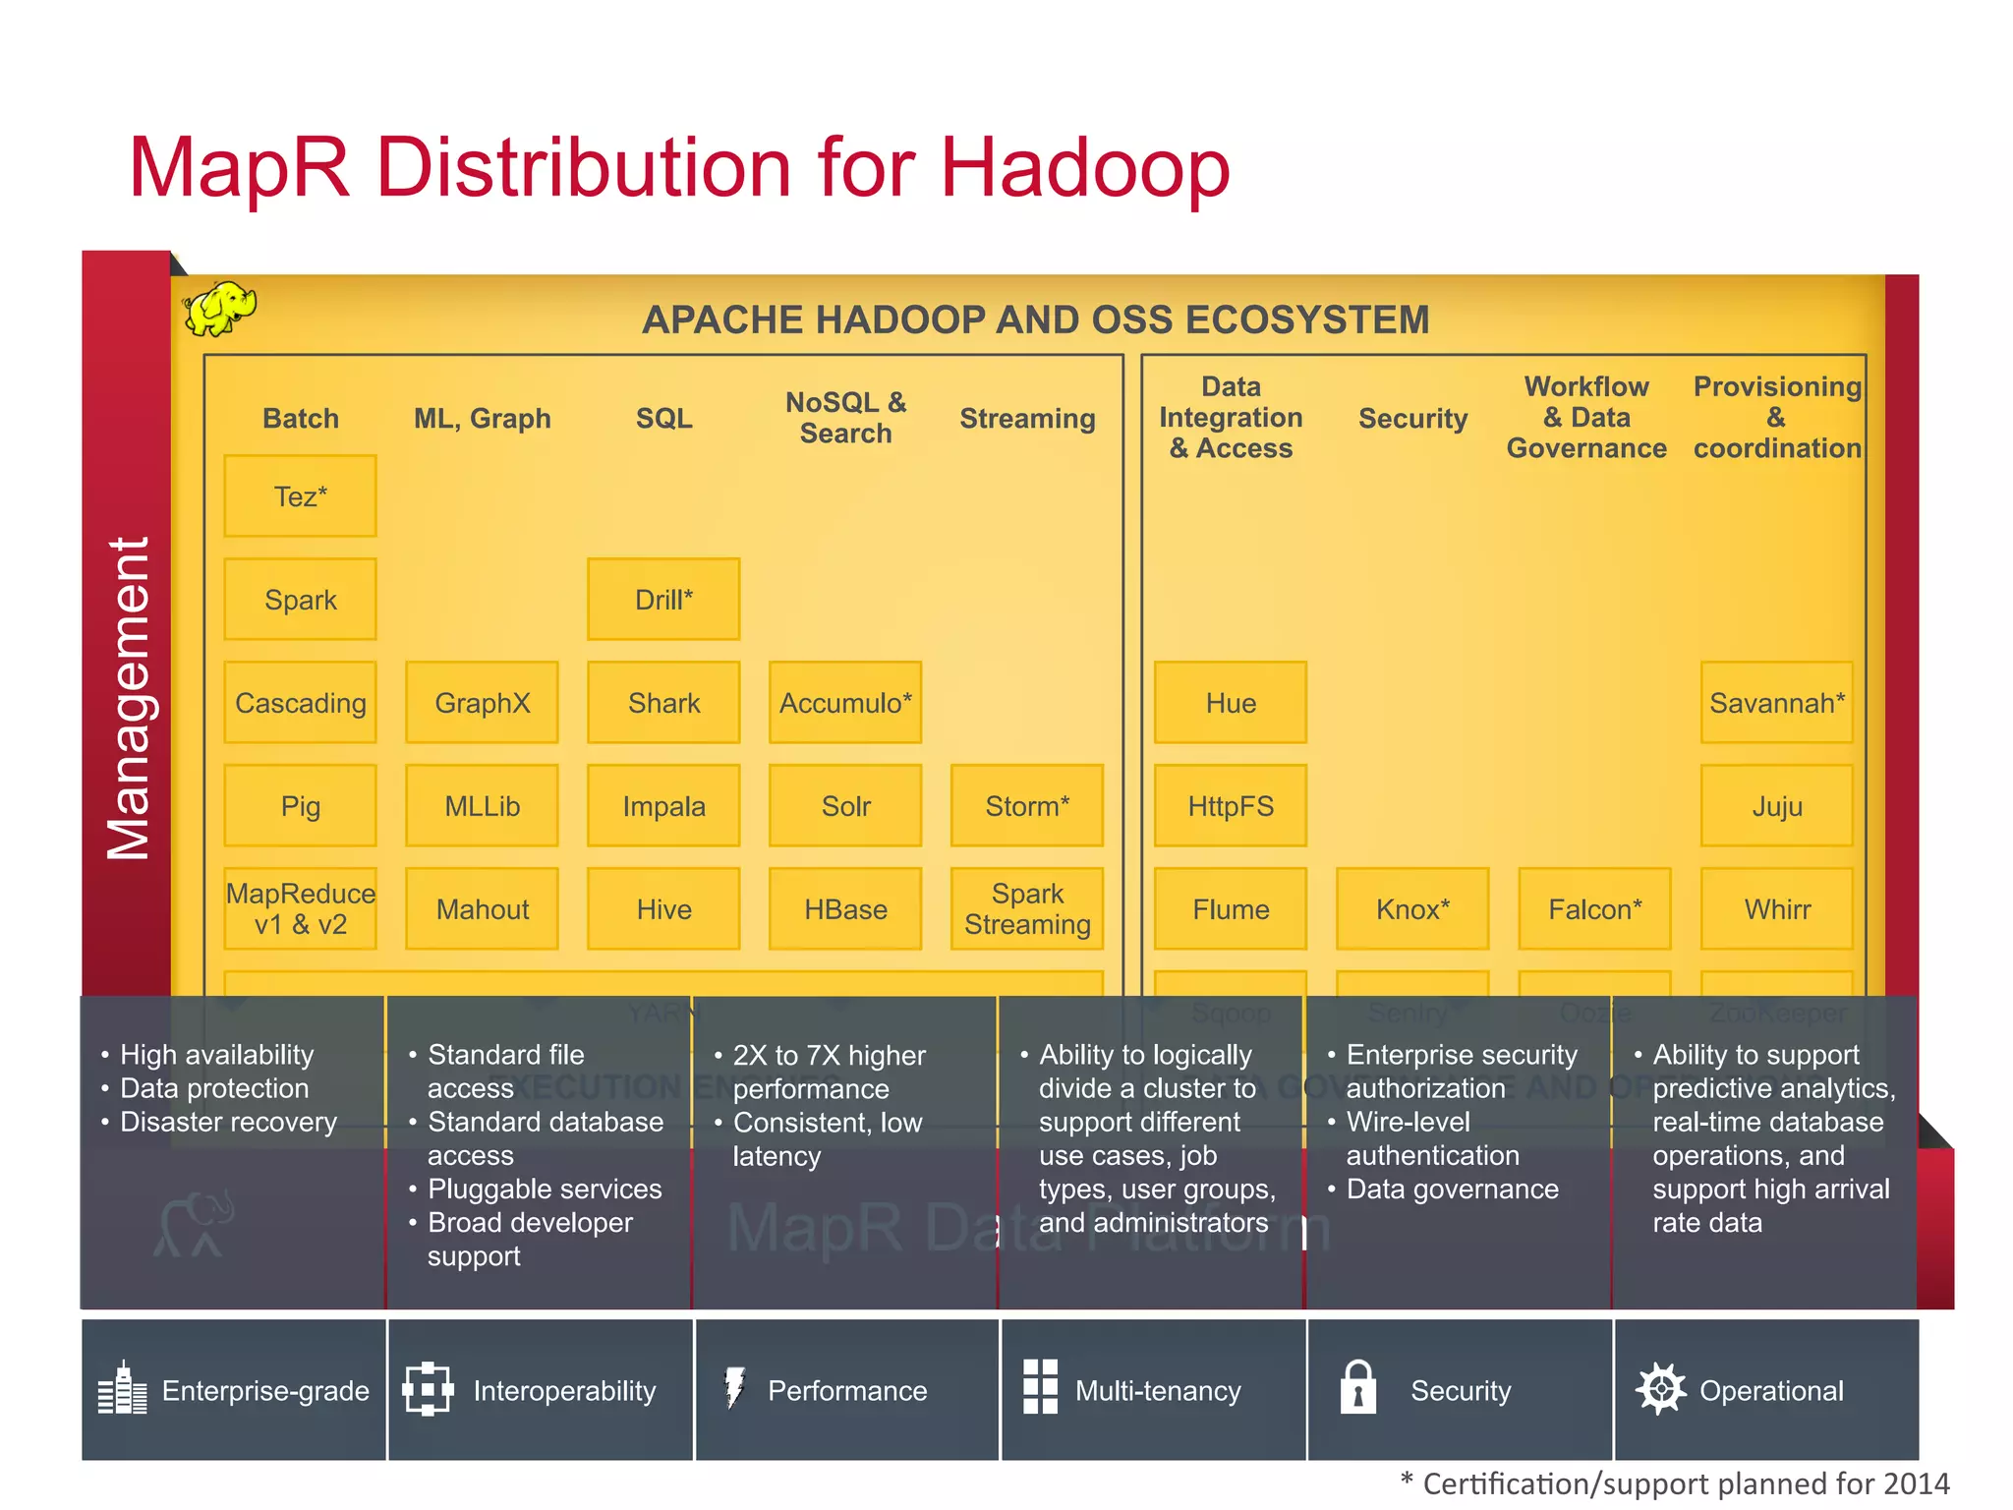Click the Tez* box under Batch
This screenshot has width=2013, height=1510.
tap(300, 496)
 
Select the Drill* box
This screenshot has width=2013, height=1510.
tap(663, 600)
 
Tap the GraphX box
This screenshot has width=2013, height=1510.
tap(482, 703)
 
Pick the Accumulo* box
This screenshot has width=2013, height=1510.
tap(845, 703)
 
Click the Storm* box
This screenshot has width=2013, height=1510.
tap(1027, 806)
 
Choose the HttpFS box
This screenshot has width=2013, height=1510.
tap(1231, 806)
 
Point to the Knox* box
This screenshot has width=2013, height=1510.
tap(1412, 909)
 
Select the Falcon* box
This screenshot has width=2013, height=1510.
tap(1594, 909)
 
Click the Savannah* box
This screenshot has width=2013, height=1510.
tap(1777, 703)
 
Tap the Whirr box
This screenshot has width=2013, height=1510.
tap(1777, 909)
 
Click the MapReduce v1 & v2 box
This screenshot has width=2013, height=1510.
tap(300, 909)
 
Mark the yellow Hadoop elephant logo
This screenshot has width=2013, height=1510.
tap(219, 309)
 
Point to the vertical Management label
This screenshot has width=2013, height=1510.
tap(129, 698)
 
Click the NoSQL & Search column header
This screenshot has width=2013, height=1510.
tap(845, 418)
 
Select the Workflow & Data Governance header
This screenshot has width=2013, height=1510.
tap(1586, 418)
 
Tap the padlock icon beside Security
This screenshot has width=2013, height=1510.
tap(1357, 1387)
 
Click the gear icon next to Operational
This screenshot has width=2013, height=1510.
tap(1660, 1389)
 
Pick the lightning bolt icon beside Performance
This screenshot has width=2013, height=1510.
tap(734, 1387)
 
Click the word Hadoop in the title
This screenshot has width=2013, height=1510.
tap(1084, 167)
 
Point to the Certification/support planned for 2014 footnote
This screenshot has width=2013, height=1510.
tap(1675, 1483)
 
